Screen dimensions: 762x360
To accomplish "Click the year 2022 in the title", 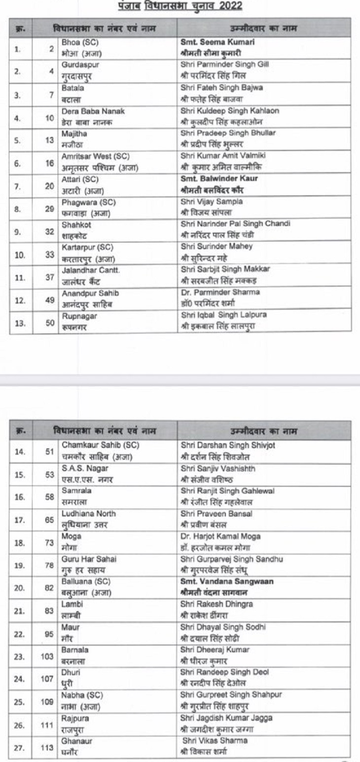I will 228,7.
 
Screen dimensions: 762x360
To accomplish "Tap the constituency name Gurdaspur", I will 77,65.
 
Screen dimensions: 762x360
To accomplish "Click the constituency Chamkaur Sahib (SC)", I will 101,444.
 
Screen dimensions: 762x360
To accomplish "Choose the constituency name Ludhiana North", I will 89,513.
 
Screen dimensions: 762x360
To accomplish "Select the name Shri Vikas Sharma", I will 215,741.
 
